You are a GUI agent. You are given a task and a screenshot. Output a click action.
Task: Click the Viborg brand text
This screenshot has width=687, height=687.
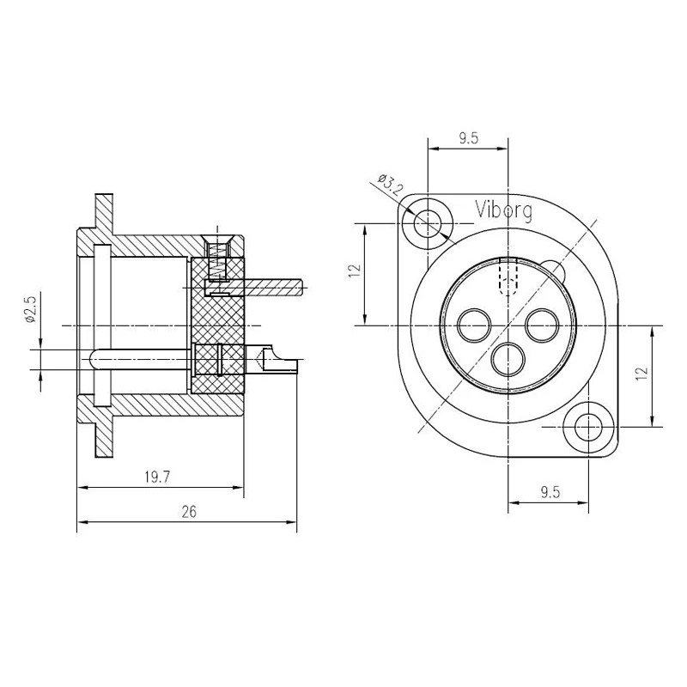click(x=504, y=210)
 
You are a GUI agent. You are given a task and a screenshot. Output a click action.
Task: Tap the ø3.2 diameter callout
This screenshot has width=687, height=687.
click(x=390, y=184)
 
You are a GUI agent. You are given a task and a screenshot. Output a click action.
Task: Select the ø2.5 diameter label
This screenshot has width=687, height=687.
click(x=30, y=308)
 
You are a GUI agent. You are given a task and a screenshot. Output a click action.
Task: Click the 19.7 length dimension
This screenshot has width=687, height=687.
click(x=157, y=477)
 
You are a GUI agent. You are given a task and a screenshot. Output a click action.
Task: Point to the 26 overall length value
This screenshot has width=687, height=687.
click(x=189, y=511)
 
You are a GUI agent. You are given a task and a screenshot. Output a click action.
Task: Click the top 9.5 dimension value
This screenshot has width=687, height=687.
click(x=468, y=138)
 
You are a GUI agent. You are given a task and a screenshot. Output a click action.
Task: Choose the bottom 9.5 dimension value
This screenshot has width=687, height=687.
click(x=550, y=492)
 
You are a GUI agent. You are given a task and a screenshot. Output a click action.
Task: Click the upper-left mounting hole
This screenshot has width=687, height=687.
click(x=428, y=223)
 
